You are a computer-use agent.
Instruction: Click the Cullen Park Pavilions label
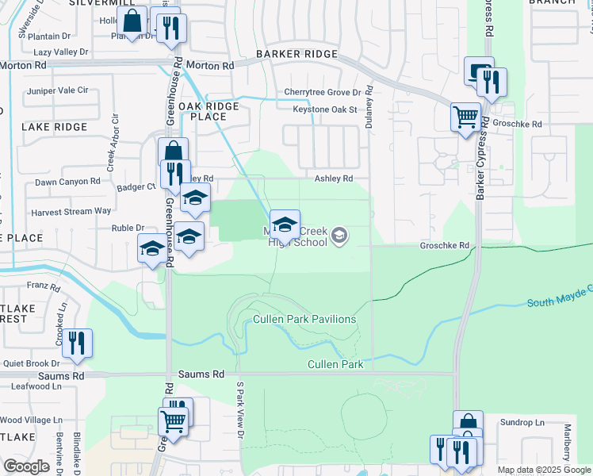[304, 319]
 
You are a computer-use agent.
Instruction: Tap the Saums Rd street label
[201, 374]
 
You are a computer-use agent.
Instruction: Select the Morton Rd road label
[216, 67]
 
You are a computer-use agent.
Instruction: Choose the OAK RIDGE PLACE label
[213, 111]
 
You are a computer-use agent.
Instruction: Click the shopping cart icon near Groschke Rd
[465, 118]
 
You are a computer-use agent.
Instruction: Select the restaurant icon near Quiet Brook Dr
[77, 344]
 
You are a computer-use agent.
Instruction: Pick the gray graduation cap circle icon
[339, 235]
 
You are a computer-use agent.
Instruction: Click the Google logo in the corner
[26, 466]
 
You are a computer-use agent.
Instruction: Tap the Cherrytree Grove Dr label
[323, 93]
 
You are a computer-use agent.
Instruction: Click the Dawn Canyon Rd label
[67, 182]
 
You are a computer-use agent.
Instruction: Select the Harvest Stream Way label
[71, 212]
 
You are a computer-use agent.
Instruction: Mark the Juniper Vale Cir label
[57, 90]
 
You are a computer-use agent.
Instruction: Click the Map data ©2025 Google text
[544, 470]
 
